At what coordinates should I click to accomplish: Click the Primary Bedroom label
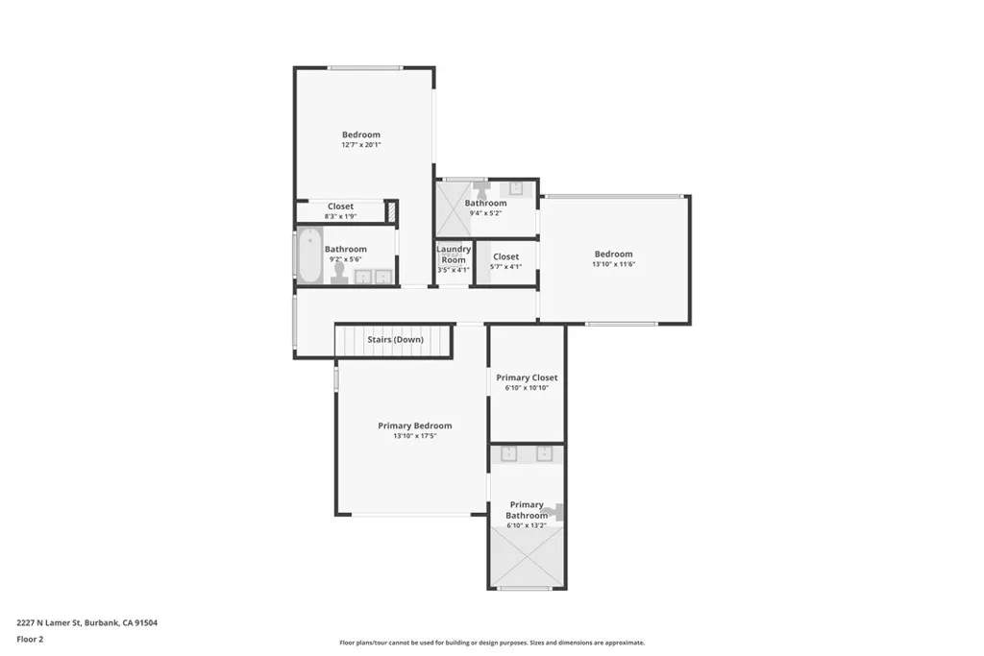pyautogui.click(x=414, y=425)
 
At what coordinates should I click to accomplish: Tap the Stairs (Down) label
pyautogui.click(x=395, y=339)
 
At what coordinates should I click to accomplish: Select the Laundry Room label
pyautogui.click(x=454, y=255)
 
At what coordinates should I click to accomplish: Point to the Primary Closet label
pyautogui.click(x=527, y=377)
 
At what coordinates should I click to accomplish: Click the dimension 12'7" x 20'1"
pyautogui.click(x=361, y=145)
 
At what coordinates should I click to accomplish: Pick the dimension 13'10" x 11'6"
pyautogui.click(x=613, y=264)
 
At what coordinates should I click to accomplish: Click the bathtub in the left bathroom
pyautogui.click(x=309, y=256)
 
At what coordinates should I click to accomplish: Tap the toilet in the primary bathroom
pyautogui.click(x=554, y=514)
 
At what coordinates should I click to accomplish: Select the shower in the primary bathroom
pyautogui.click(x=526, y=556)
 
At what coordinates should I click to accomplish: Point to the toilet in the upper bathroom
pyautogui.click(x=481, y=190)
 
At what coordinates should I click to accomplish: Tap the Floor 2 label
pyautogui.click(x=31, y=639)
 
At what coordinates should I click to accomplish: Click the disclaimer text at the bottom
pyautogui.click(x=491, y=643)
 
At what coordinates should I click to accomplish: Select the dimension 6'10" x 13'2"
pyautogui.click(x=527, y=526)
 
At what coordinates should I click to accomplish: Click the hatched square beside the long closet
pyautogui.click(x=391, y=212)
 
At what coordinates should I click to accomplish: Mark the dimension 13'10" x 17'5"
pyautogui.click(x=414, y=436)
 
